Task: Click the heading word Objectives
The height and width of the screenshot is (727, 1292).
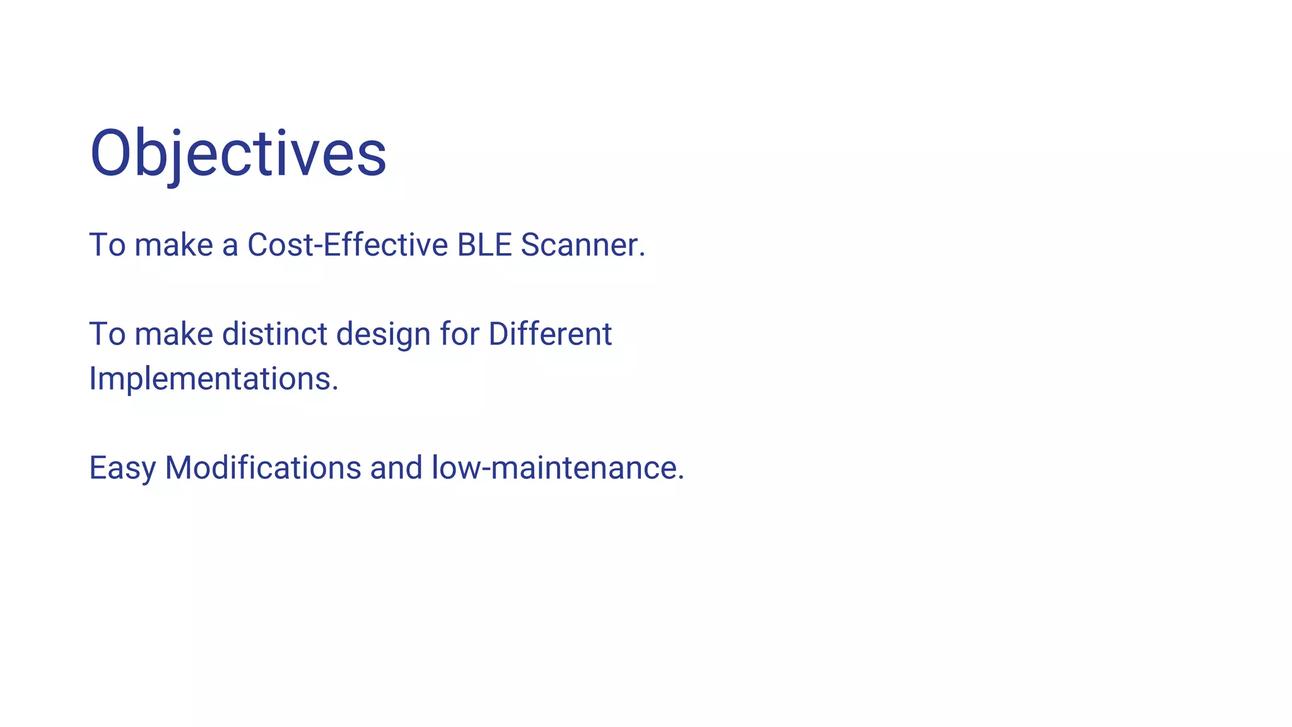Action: pos(238,153)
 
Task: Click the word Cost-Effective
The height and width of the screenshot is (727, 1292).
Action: pos(348,245)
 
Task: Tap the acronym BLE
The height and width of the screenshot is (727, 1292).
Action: pos(484,245)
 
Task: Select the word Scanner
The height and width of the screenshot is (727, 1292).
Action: pos(578,245)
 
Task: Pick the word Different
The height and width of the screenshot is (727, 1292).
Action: pos(550,334)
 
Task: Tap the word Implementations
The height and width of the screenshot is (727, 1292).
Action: pos(210,379)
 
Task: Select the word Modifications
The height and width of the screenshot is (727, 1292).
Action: pos(263,468)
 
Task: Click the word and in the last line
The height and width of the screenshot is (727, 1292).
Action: pos(396,468)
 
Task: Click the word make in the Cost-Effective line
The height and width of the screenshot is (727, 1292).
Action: pos(173,245)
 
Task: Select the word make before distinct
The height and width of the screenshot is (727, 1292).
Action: pos(173,334)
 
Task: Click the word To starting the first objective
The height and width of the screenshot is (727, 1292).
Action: pos(107,245)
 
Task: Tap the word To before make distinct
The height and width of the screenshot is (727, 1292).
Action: pos(107,334)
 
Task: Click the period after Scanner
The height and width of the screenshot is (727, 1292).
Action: pos(642,256)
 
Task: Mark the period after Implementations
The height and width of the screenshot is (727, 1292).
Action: pos(336,389)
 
